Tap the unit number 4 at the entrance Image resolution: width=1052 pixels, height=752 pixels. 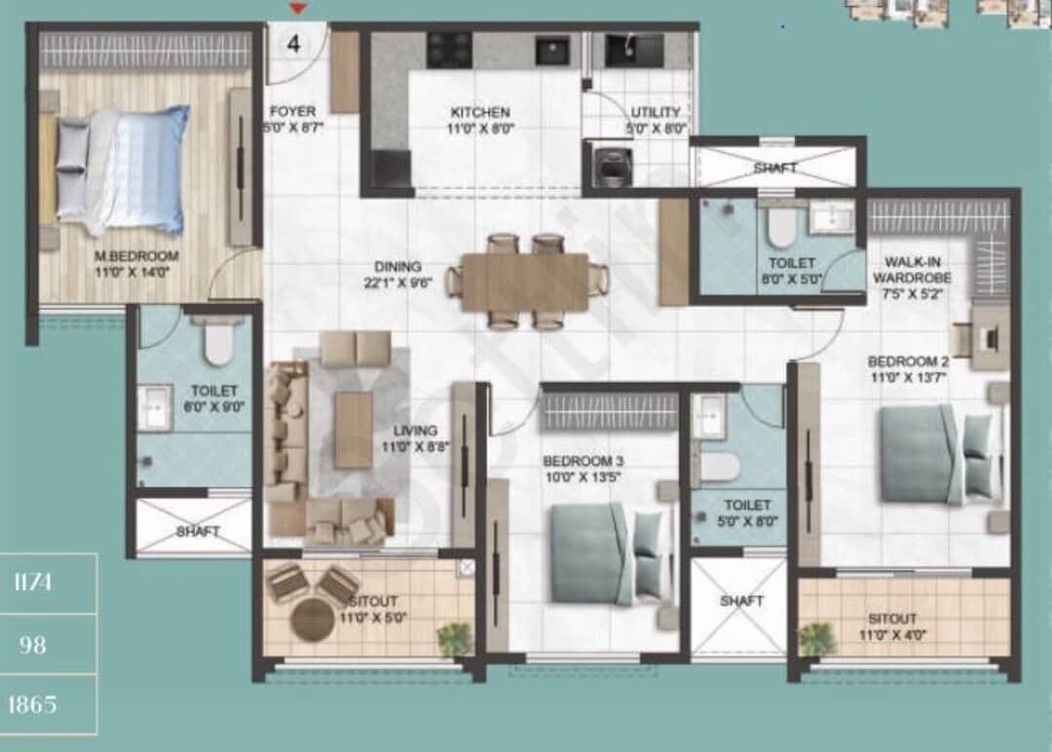[x=293, y=43]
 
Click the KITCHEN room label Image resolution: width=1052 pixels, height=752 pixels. [x=479, y=112]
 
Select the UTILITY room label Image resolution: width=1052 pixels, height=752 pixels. [x=656, y=112]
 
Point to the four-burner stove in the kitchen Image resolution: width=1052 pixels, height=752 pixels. [x=450, y=49]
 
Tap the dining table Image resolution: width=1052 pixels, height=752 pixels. [x=525, y=282]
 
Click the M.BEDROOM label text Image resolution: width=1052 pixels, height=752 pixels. [x=136, y=256]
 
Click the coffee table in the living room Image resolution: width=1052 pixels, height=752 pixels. [x=353, y=429]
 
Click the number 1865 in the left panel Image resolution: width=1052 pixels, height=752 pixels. [x=34, y=704]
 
